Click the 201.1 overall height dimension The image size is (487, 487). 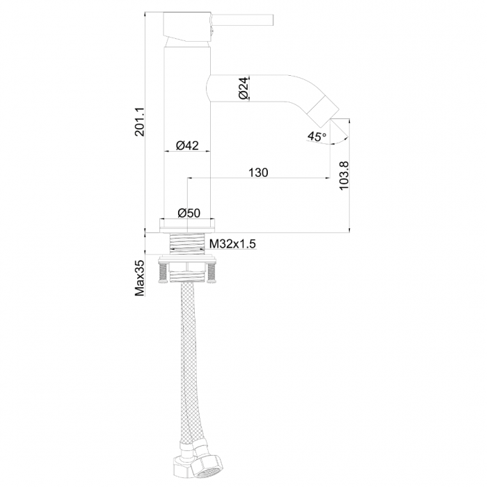[140, 122]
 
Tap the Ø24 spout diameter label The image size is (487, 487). [244, 88]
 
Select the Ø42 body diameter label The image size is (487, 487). [187, 145]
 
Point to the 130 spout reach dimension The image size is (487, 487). [258, 173]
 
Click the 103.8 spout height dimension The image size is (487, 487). [344, 175]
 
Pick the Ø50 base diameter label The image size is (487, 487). [189, 213]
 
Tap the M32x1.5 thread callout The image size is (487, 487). [232, 243]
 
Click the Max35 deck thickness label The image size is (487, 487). [140, 278]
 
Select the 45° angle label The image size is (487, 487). [317, 136]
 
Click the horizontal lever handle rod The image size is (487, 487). [242, 20]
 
